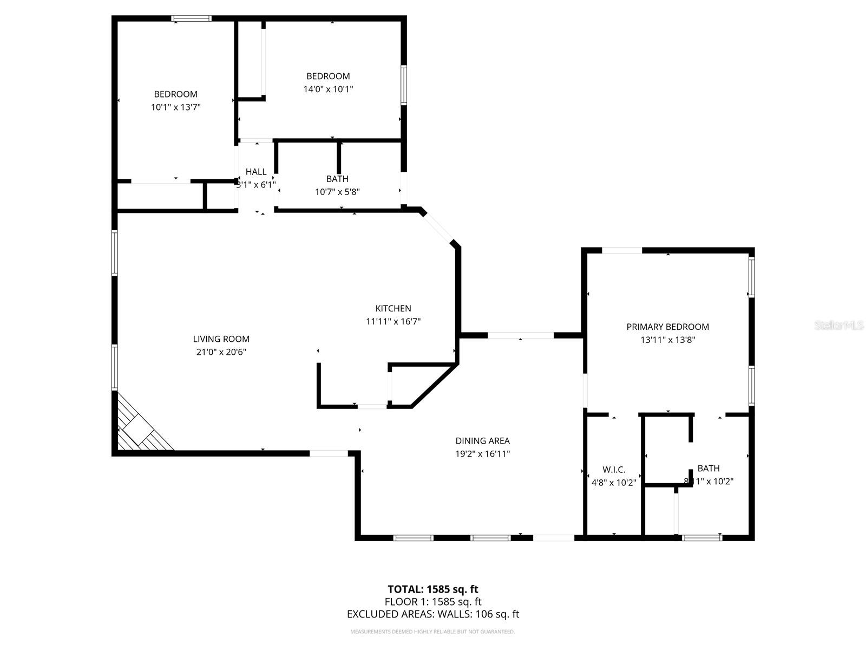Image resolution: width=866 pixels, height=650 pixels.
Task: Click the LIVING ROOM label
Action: (x=221, y=339)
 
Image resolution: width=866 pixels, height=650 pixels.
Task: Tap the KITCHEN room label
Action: (x=393, y=308)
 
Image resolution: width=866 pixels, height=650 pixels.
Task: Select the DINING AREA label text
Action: (x=482, y=441)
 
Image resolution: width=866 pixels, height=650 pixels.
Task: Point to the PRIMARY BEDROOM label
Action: (x=667, y=327)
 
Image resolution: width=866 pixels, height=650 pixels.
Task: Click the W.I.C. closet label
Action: (x=614, y=470)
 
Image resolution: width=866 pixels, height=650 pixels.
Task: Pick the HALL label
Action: (x=256, y=172)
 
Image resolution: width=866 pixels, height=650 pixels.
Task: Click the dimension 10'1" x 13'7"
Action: (x=176, y=107)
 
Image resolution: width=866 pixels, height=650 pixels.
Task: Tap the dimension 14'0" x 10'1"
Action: (x=328, y=89)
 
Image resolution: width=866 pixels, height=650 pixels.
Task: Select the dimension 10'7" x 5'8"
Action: (x=337, y=192)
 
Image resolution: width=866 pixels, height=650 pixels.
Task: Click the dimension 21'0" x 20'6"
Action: (x=221, y=352)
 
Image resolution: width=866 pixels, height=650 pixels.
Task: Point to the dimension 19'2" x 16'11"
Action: (x=482, y=454)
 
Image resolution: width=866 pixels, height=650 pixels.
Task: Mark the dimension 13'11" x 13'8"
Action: (x=667, y=340)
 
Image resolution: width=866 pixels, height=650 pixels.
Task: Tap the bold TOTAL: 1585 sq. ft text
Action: (x=433, y=589)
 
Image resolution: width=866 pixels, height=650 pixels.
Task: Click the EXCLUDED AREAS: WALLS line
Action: (x=433, y=614)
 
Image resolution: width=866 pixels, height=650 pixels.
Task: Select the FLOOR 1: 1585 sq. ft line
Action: (x=433, y=602)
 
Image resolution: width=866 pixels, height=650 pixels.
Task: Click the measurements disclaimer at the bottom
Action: (x=432, y=632)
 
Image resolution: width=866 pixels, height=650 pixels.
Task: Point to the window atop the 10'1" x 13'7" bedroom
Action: (x=192, y=19)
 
